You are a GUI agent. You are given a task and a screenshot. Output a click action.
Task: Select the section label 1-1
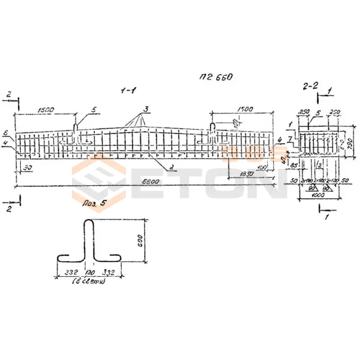[128, 91]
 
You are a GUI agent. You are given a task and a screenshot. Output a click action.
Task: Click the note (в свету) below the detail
[90, 282]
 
